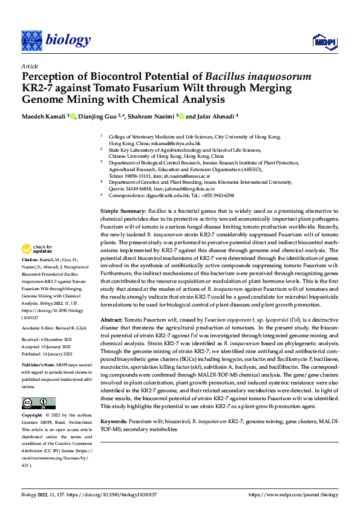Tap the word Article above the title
[x=29, y=65]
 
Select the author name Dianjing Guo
[x=97, y=116]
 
